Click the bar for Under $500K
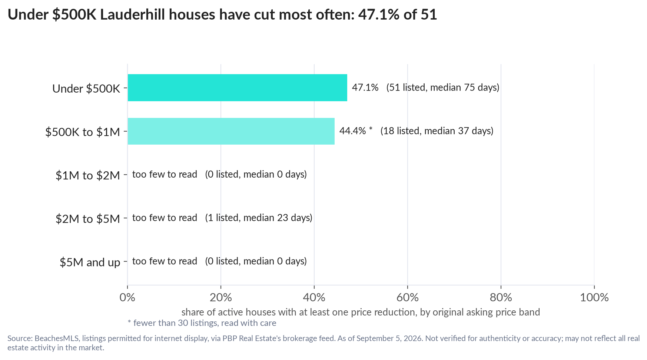238,87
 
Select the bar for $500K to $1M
231,131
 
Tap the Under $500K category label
86,88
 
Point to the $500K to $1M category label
83,132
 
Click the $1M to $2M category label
88,175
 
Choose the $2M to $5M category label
88,218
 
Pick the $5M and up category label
90,262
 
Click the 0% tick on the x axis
127,297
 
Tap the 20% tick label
221,297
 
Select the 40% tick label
314,297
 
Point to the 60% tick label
408,297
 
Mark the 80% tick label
501,297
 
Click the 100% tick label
594,297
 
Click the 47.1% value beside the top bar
365,87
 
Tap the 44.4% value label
353,131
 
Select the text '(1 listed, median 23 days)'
259,218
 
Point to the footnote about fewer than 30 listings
202,323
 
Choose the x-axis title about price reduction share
361,312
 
